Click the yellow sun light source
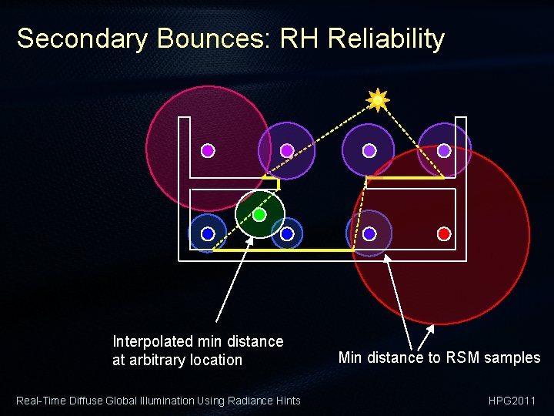tap(378, 99)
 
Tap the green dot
tap(259, 214)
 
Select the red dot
tap(443, 233)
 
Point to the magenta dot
tap(208, 151)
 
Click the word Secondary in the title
tap(81, 39)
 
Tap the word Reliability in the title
tap(386, 39)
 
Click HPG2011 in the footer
tap(512, 400)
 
